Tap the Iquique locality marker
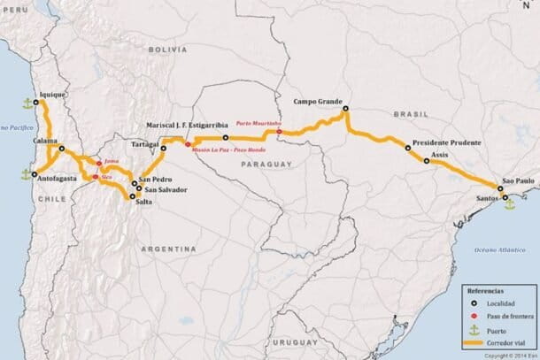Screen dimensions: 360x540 [x=36, y=102]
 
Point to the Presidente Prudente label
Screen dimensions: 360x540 [x=447, y=142]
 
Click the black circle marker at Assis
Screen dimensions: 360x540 [x=427, y=162]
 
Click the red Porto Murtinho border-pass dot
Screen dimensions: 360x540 [x=279, y=133]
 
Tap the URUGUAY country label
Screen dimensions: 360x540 [x=295, y=341]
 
